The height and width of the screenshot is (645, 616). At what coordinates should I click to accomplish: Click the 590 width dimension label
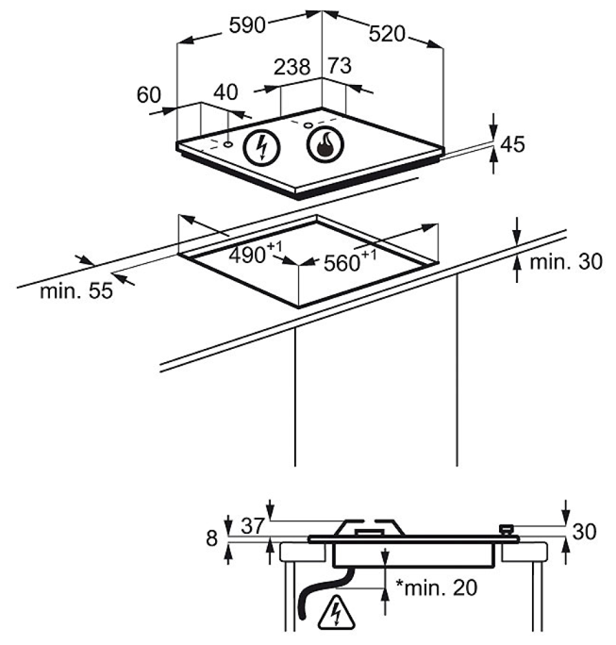[x=247, y=25]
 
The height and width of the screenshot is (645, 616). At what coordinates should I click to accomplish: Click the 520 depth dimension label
[x=387, y=35]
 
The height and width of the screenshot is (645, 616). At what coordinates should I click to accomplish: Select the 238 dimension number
[x=292, y=67]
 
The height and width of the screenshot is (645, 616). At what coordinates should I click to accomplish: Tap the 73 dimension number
[x=339, y=66]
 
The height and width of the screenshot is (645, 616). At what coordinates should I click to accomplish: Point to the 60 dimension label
[x=150, y=94]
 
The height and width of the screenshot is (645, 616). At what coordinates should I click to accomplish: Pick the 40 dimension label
[x=225, y=92]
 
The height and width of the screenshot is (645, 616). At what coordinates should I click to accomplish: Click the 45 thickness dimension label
[x=512, y=144]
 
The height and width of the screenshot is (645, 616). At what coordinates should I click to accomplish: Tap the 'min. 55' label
[x=75, y=290]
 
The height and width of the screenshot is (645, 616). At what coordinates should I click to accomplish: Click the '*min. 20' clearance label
[x=436, y=588]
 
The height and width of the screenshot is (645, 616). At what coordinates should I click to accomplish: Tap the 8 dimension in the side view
[x=212, y=538]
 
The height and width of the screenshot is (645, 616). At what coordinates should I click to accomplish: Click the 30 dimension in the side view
[x=584, y=532]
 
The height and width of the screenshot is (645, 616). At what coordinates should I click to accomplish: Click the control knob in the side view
[x=507, y=531]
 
